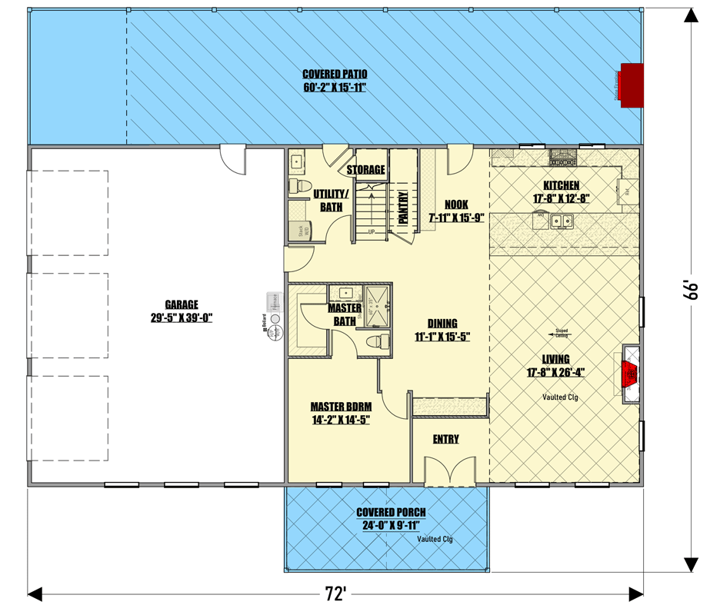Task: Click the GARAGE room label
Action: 182,303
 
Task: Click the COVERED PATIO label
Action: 335,75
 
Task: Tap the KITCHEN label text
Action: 561,186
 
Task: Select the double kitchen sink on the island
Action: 565,222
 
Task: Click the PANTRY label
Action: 402,208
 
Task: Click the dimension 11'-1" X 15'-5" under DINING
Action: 442,336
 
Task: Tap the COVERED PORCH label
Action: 391,513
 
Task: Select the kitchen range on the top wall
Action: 562,158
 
